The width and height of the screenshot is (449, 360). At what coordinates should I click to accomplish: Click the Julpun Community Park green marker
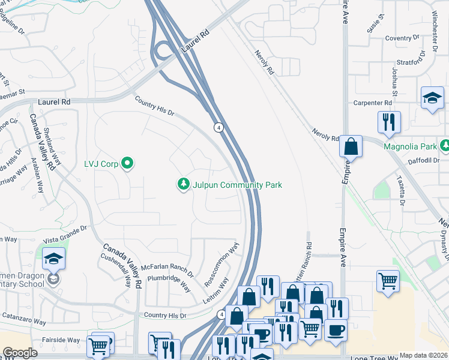pyautogui.click(x=184, y=184)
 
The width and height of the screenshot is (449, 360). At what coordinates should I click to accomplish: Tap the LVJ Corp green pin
pyautogui.click(x=127, y=163)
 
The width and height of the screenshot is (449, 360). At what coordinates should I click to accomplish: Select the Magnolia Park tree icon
pyautogui.click(x=445, y=146)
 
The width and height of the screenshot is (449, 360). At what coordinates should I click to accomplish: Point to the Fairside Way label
pyautogui.click(x=61, y=340)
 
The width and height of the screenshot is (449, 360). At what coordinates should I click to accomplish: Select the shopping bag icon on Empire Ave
pyautogui.click(x=351, y=146)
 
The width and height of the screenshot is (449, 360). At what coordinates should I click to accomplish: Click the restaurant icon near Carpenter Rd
pyautogui.click(x=388, y=122)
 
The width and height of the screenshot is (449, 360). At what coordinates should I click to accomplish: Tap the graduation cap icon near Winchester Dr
pyautogui.click(x=432, y=98)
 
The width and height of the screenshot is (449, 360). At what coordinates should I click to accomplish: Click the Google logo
pyautogui.click(x=20, y=353)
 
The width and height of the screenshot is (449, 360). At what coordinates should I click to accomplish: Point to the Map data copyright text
pyautogui.click(x=423, y=355)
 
